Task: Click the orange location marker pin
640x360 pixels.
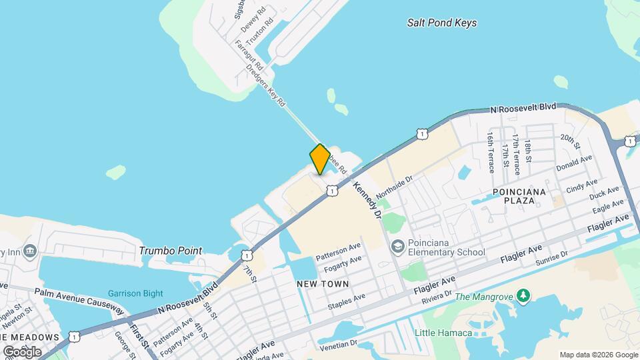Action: (319, 159)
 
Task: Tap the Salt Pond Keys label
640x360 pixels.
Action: (442, 23)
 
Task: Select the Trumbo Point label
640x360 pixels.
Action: (171, 251)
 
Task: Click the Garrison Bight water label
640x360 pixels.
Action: (135, 294)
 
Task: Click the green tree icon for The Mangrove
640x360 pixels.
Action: (524, 295)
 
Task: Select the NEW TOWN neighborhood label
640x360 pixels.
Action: (323, 284)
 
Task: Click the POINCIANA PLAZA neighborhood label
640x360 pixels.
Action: (519, 196)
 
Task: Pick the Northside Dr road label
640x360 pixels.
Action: (395, 187)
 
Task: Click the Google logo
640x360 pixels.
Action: (22, 351)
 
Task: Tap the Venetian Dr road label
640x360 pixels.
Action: (338, 344)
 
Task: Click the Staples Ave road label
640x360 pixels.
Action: (346, 301)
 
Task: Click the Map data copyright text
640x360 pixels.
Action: (599, 355)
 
